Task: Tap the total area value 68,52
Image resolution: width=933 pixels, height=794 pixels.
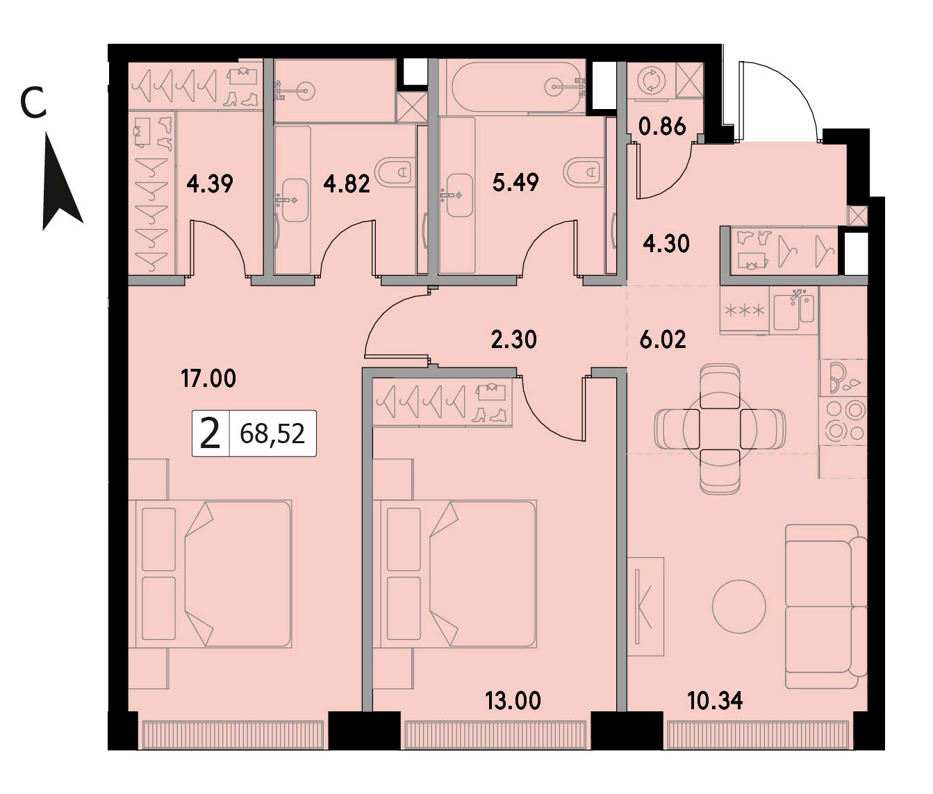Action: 272,433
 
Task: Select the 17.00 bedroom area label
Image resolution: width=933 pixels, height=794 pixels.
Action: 208,379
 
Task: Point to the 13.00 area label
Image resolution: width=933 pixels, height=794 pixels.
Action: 513,702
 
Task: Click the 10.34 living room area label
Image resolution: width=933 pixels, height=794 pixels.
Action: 715,702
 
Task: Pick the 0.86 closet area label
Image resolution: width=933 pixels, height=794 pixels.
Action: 662,127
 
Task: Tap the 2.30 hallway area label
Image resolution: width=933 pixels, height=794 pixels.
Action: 513,340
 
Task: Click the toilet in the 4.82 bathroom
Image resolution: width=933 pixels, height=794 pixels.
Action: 395,172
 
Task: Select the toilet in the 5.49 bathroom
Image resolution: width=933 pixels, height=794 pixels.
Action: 584,172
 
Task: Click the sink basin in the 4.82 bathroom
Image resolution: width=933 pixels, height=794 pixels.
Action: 295,201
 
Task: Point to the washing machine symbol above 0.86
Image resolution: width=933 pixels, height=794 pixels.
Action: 650,81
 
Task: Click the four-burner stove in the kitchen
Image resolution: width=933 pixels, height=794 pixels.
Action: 843,420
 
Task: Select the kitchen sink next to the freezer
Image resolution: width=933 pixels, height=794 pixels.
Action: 794,312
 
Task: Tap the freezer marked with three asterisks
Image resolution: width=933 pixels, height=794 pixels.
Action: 745,311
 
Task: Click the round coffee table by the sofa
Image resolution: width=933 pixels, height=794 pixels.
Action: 739,606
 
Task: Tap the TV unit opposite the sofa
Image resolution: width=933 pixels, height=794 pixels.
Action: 645,606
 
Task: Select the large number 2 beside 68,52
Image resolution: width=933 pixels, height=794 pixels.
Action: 210,434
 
